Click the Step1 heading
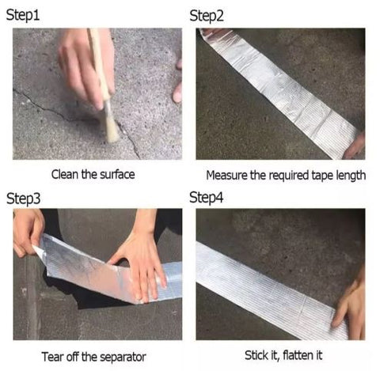[23, 15]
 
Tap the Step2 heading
[207, 16]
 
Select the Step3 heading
[23, 198]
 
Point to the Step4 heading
[207, 197]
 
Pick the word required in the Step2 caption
[288, 176]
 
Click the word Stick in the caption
[255, 355]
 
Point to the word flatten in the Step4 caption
[298, 355]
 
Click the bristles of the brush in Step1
[111, 123]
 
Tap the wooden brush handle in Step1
[99, 64]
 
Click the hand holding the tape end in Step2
[355, 147]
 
